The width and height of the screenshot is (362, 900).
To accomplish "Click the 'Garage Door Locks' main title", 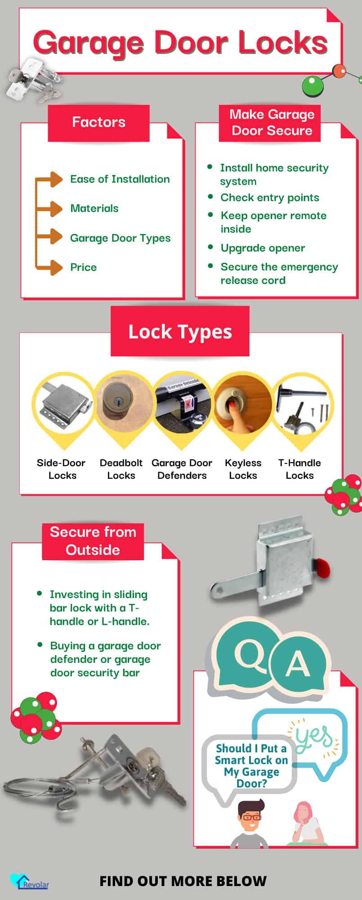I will [180, 43].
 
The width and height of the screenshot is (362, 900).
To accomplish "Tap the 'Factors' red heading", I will [98, 122].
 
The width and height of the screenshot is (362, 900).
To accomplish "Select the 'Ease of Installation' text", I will [120, 179].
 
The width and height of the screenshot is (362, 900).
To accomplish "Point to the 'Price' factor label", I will [83, 267].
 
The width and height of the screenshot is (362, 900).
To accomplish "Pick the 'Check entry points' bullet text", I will [269, 198].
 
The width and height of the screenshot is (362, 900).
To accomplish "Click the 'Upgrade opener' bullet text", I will [263, 248].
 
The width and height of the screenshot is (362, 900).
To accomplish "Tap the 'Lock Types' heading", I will [180, 332].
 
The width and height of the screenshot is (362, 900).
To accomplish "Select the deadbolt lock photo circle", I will [121, 404].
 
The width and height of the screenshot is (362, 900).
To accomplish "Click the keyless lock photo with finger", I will [242, 404].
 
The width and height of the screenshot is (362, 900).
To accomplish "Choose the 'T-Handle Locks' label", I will [299, 469].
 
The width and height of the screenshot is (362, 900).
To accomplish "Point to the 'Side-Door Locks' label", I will [62, 469].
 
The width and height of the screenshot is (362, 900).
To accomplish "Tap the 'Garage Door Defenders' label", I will [182, 469].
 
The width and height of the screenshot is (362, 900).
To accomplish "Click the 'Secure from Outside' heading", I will [93, 541].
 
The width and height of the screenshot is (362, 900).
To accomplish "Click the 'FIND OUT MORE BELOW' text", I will [183, 881].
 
